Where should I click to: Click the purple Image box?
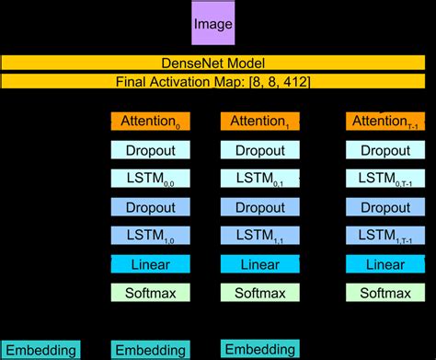tap(212, 26)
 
